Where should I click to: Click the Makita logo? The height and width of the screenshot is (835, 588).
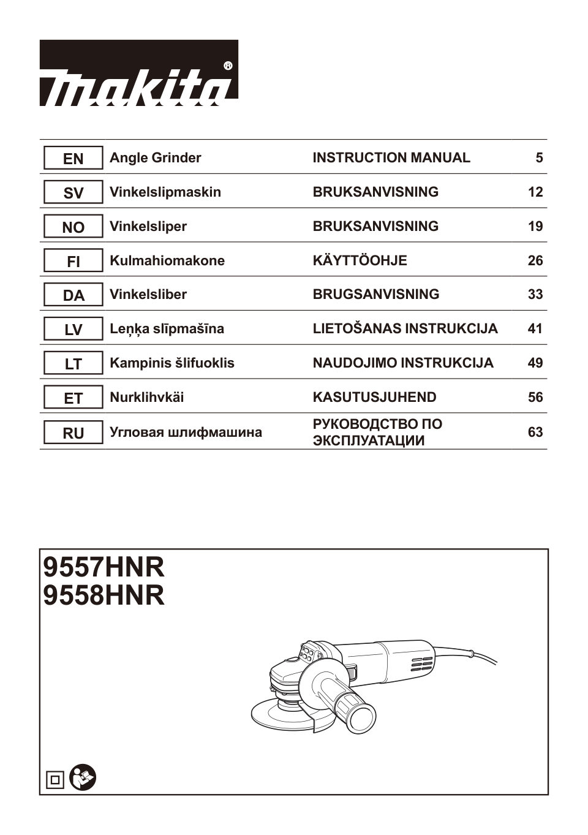[x=138, y=74]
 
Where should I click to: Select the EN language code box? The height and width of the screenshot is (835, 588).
[x=73, y=159]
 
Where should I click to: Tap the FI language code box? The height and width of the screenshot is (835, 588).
[x=73, y=262]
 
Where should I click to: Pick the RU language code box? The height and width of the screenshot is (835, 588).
[x=73, y=433]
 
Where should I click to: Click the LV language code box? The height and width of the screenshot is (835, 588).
[x=73, y=330]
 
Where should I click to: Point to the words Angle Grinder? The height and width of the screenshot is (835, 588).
[x=155, y=158]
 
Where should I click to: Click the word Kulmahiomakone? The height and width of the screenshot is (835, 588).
[x=167, y=261]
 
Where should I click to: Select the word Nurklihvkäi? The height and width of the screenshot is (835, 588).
[x=146, y=398]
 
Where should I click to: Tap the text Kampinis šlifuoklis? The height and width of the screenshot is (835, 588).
[x=171, y=363]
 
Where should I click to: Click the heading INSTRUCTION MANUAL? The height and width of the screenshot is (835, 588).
[x=391, y=158]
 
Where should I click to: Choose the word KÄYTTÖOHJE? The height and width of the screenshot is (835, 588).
[x=360, y=261]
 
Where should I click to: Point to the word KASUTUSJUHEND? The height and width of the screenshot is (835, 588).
[x=374, y=398]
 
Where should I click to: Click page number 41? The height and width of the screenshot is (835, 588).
[x=535, y=329]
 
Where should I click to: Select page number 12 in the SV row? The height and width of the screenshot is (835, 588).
[x=535, y=192]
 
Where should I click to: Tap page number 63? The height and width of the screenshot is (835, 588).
[x=535, y=433]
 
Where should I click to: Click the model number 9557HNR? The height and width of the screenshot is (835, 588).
[x=104, y=567]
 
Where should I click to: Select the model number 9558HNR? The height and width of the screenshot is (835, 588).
[x=104, y=595]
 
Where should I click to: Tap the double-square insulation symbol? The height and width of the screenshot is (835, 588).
[x=55, y=780]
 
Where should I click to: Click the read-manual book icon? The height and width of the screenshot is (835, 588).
[x=83, y=778]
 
